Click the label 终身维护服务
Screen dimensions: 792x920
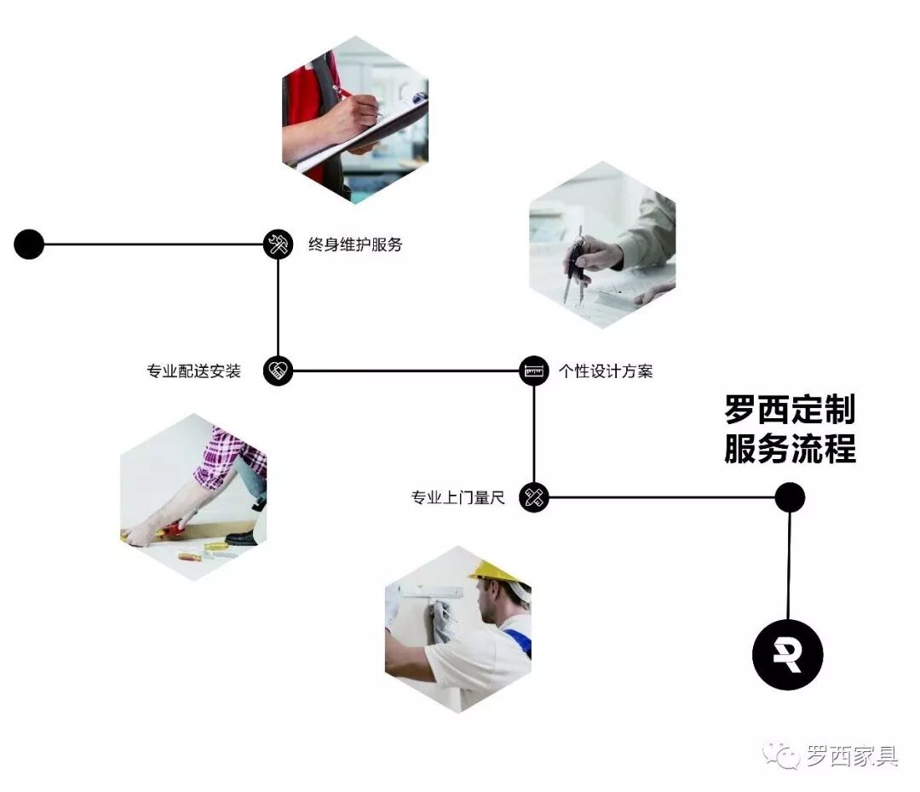[x=354, y=245]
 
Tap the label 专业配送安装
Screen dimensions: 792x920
[x=194, y=371]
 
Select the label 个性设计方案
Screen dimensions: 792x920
[x=606, y=371]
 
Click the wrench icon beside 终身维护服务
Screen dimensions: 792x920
[x=278, y=245]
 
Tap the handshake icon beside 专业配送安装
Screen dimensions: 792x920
[x=278, y=371]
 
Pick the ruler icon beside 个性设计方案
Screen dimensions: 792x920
[x=534, y=371]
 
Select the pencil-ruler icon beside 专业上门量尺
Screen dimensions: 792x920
[x=534, y=498]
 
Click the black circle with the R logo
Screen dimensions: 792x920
[x=788, y=654]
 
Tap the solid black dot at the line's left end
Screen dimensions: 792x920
[x=29, y=244]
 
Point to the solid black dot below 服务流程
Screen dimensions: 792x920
[x=790, y=497]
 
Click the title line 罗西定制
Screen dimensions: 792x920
[x=790, y=410]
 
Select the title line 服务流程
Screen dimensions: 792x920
[x=790, y=448]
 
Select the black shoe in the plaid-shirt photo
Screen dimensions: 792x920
[x=244, y=537]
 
